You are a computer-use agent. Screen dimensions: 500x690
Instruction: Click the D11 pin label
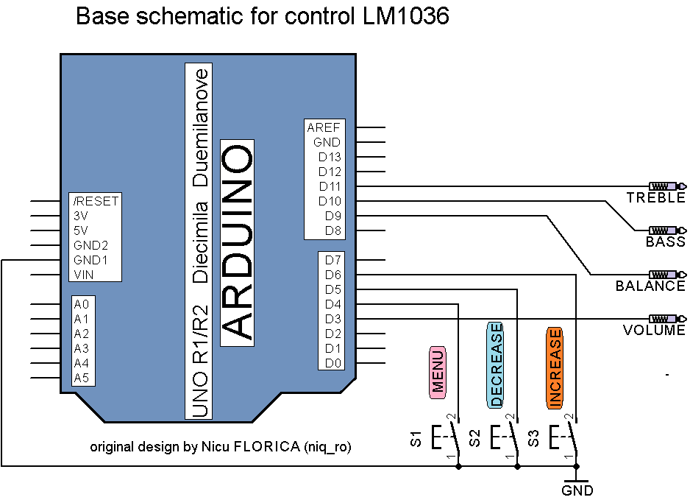pos(330,186)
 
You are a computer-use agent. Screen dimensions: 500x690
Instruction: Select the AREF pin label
pos(324,127)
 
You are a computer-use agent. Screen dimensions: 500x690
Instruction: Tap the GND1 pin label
pos(90,260)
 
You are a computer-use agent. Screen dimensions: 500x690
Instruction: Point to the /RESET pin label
pos(96,201)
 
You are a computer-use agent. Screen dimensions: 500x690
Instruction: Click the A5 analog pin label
pos(81,378)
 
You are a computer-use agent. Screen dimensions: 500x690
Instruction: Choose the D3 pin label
pos(332,319)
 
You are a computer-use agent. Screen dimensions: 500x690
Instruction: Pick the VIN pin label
pos(84,275)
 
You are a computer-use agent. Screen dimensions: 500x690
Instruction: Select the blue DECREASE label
pos(496,365)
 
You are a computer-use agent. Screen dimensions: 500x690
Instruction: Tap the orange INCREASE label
pos(555,367)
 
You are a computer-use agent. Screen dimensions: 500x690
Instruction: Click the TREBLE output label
pos(655,198)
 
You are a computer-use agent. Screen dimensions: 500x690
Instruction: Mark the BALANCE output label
pos(650,286)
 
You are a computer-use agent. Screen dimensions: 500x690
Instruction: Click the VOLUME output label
pos(654,330)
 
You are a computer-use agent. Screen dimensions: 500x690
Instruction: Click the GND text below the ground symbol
pos(577,490)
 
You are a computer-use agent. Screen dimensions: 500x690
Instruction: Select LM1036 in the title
pos(406,16)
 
